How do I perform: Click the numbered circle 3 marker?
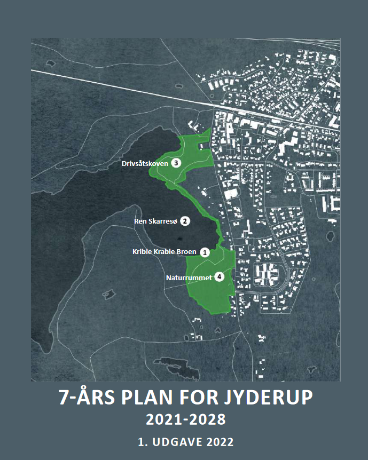176,163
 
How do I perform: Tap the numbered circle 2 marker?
184,220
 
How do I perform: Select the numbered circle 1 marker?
204,251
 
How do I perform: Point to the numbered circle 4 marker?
219,277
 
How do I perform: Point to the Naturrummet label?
190,277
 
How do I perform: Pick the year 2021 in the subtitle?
163,421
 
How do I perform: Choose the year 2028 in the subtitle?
208,421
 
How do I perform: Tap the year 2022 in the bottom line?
220,442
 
